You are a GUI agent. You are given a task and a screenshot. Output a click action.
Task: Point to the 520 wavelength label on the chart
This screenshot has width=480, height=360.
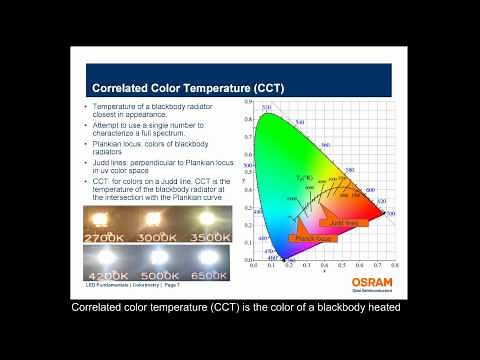tap(267, 108)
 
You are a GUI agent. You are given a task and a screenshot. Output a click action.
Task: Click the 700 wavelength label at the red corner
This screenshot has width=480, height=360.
tap(390, 214)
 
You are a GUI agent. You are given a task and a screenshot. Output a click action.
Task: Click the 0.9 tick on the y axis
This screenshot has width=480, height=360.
tap(247, 101)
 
